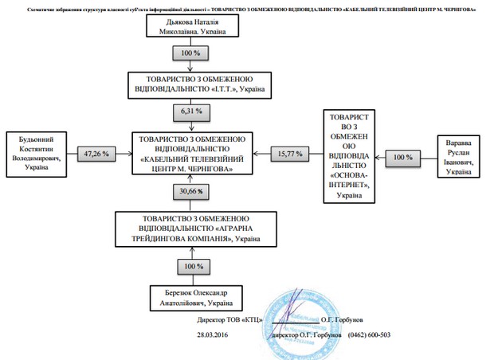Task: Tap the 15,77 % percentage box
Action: pyautogui.click(x=290, y=152)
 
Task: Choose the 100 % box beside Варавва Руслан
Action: pyautogui.click(x=404, y=157)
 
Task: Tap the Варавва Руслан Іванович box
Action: pyautogui.click(x=463, y=157)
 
